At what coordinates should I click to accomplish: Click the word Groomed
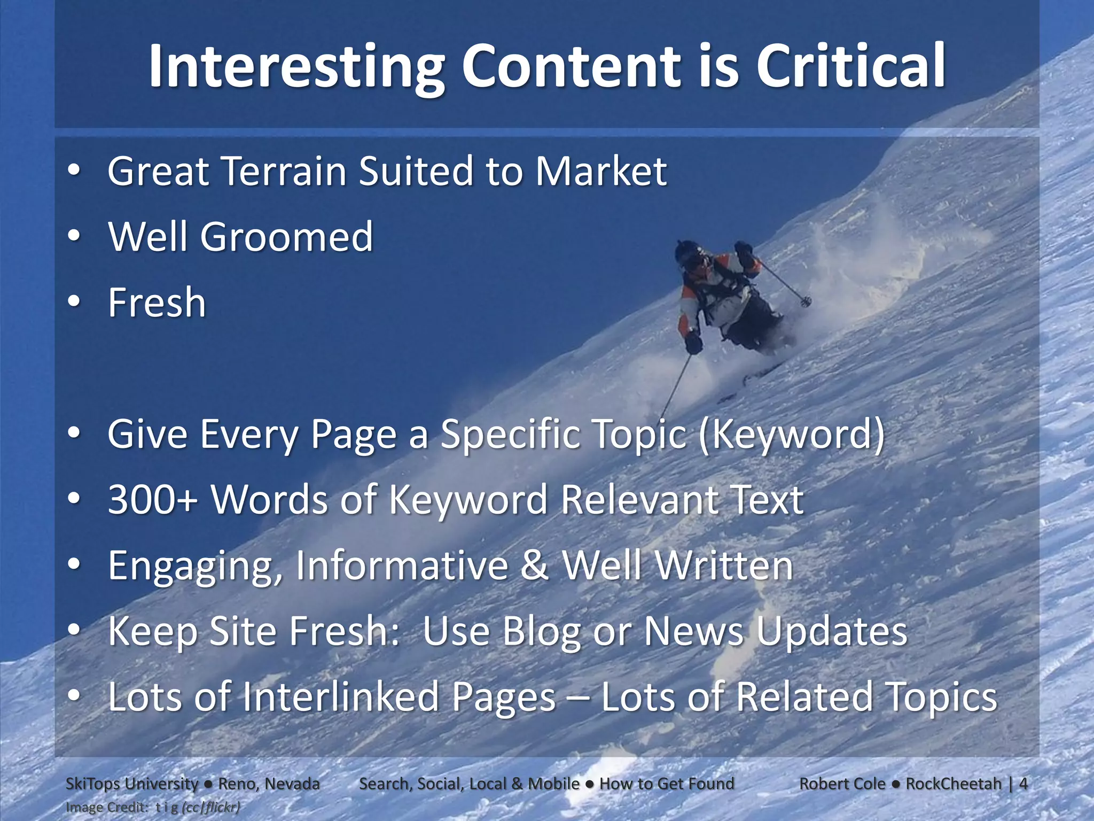[286, 237]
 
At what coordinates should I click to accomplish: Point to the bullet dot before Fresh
[74, 302]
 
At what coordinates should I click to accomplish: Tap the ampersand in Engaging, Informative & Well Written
[535, 566]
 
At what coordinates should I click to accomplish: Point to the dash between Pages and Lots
[578, 698]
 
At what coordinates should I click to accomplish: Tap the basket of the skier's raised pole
[806, 302]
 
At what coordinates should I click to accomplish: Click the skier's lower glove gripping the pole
[694, 342]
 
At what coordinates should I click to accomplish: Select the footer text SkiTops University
[131, 784]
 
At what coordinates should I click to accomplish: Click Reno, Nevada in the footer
[269, 784]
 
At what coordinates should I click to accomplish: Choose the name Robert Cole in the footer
[842, 784]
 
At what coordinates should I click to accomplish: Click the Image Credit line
[152, 807]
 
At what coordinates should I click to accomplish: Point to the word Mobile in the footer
[553, 784]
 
